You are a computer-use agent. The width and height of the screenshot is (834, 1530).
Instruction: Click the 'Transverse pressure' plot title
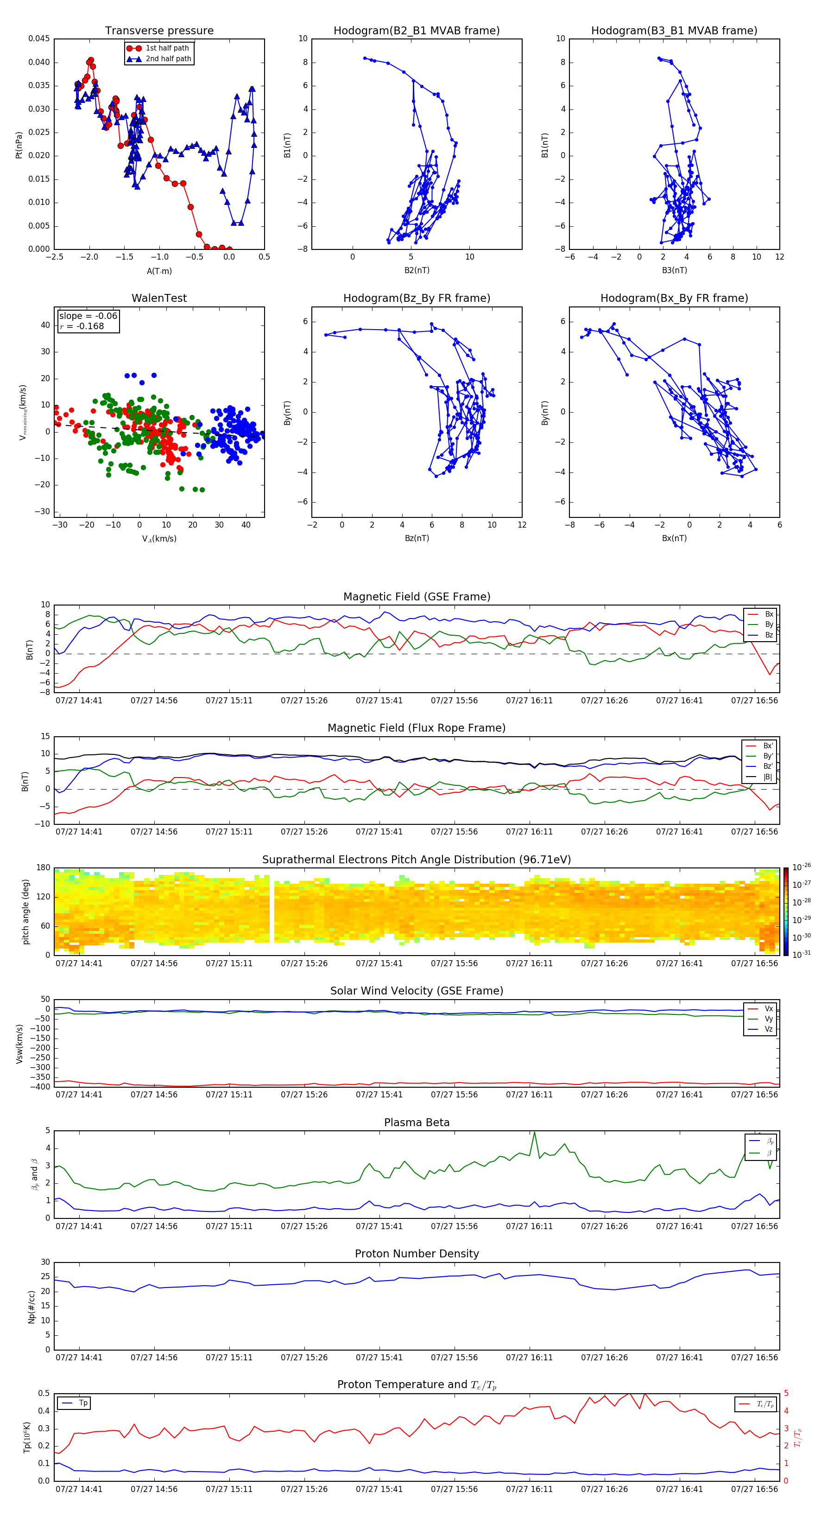[x=159, y=31]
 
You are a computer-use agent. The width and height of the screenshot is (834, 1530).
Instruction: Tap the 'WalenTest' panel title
[x=159, y=298]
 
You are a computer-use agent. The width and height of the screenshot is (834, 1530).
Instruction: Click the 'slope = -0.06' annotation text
[x=88, y=316]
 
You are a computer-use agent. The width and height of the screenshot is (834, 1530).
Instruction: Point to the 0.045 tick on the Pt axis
[x=39, y=39]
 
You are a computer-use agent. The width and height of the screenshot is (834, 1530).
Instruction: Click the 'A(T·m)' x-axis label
[x=159, y=271]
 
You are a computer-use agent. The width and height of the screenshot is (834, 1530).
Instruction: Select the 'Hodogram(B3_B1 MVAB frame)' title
[x=674, y=31]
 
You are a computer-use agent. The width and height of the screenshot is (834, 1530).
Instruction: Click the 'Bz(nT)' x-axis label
[x=417, y=538]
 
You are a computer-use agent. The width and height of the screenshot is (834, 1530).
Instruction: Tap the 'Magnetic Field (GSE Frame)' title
[x=417, y=597]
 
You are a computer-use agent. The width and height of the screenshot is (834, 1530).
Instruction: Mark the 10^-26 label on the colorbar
[x=802, y=868]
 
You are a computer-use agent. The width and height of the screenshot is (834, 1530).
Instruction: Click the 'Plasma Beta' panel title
[x=417, y=1122]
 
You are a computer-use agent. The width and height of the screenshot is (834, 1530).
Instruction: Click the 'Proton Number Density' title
[x=417, y=1254]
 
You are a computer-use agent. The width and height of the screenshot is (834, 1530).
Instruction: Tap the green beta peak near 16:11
[x=534, y=1133]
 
